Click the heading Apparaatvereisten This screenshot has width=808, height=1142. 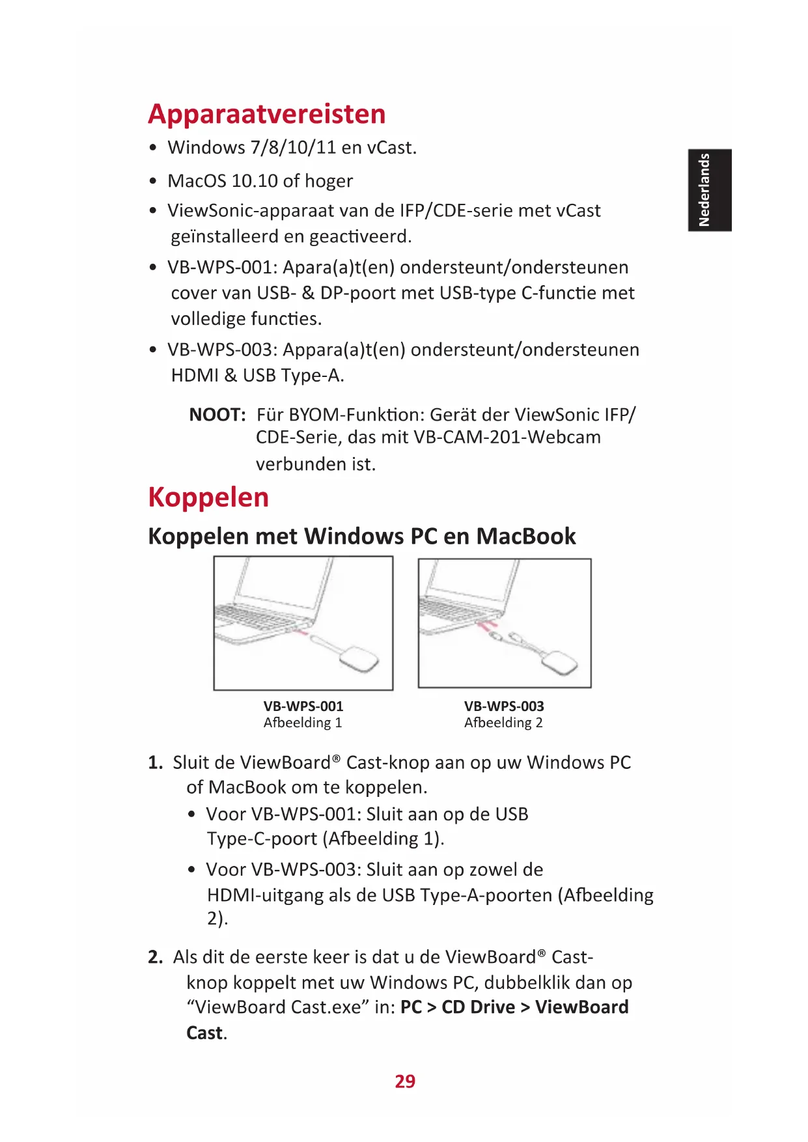coord(267,114)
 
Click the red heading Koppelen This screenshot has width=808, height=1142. coord(208,497)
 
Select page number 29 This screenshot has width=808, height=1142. coord(405,1081)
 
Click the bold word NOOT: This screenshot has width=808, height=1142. coord(217,415)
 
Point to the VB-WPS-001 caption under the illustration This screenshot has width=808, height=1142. coord(303,706)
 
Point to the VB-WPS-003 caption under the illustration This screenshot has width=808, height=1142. coord(504,706)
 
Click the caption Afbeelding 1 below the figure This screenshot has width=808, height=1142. coord(303,723)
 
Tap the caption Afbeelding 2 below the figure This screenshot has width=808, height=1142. coord(503,723)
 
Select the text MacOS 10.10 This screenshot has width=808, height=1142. coord(223,181)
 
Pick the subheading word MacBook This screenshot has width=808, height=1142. coord(526,536)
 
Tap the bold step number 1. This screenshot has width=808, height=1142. coord(155,763)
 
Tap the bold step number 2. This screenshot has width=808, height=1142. coord(155,958)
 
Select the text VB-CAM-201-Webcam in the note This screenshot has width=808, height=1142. coord(507,437)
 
